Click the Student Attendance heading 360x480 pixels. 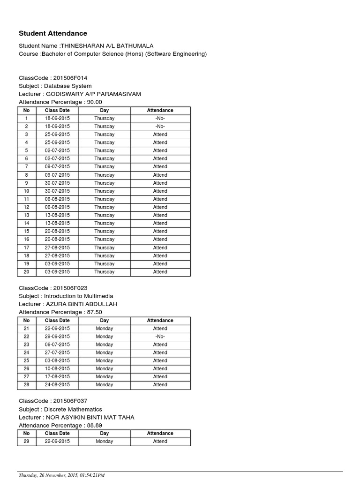52,33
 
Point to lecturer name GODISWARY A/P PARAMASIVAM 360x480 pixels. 93,94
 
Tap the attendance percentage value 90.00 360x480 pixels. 94,102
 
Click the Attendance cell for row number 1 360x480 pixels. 160,118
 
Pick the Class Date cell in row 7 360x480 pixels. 57,166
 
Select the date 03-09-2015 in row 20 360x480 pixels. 57,272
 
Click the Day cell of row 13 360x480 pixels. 104,215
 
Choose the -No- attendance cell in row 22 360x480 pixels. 160,337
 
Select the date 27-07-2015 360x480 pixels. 57,352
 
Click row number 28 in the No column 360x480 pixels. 27,385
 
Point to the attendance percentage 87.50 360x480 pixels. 94,312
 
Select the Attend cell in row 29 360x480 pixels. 160,442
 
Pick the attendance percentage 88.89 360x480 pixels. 94,425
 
